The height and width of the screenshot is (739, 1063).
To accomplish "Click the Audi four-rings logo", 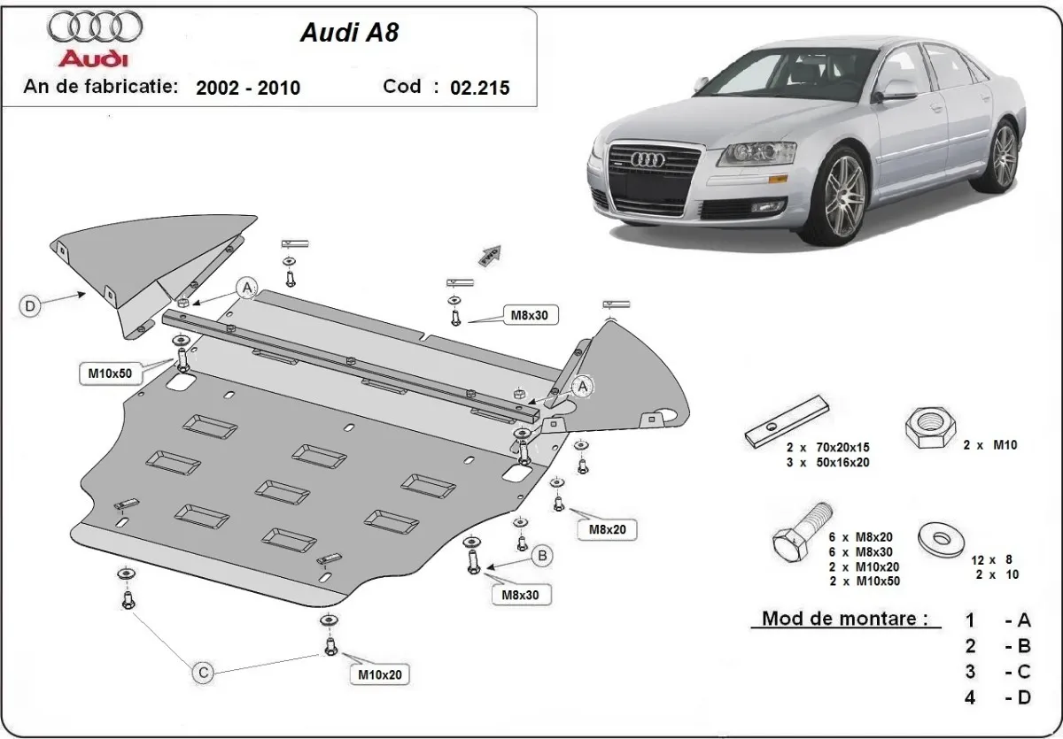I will [x=95, y=27].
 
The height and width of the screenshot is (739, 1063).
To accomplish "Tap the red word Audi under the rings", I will [x=93, y=59].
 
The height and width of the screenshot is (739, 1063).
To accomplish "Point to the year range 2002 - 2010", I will [x=248, y=88].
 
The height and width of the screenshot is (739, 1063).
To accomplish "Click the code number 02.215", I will [x=479, y=88].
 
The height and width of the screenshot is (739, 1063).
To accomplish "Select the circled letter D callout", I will [x=30, y=306].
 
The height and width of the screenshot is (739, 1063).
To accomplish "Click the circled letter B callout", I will [x=542, y=556].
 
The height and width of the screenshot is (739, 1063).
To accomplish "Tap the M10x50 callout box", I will [x=109, y=373].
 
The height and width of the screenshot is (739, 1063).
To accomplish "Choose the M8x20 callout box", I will [x=607, y=528].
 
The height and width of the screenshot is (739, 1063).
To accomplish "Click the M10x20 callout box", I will [x=379, y=674].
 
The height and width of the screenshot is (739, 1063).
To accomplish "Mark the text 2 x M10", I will [x=990, y=447].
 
